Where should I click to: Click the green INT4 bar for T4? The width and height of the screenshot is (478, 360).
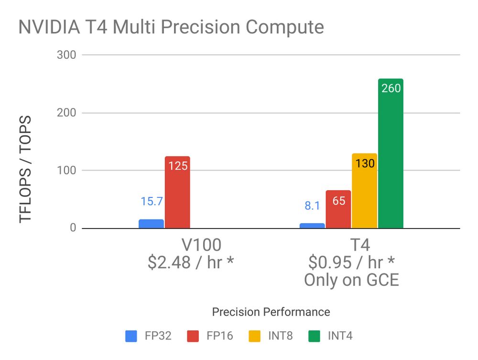tap(391, 158)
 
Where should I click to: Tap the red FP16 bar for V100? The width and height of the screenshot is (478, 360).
tap(177, 196)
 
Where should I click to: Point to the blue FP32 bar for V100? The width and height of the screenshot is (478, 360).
tap(151, 224)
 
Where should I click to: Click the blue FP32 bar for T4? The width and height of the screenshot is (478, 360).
tap(312, 226)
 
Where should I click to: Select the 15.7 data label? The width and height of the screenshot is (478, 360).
tap(152, 201)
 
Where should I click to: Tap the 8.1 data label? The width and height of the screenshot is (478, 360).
tap(312, 206)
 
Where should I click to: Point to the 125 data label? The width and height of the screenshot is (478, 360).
tap(177, 166)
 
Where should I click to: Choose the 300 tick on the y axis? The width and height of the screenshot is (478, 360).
tap(66, 55)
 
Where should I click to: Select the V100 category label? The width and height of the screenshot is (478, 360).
tap(201, 245)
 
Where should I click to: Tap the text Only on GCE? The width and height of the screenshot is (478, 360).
tap(351, 280)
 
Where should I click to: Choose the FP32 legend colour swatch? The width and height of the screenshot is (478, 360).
tap(131, 336)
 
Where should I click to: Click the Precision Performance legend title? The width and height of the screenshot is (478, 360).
tap(271, 312)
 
